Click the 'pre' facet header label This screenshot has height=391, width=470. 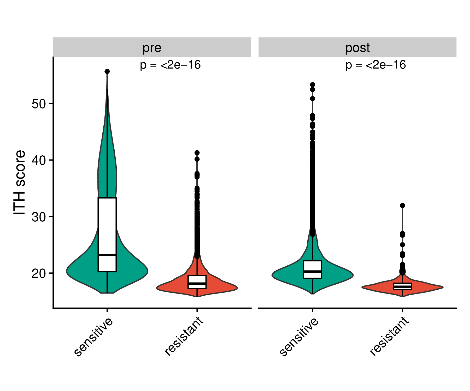(x=152, y=48)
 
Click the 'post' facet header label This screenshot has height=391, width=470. (x=357, y=48)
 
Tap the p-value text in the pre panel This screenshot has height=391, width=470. (x=170, y=65)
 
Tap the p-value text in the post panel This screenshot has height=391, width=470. (x=375, y=65)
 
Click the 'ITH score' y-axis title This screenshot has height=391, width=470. (x=20, y=182)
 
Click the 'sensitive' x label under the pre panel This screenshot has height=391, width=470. (x=93, y=337)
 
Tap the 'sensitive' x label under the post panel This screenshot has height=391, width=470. (x=299, y=337)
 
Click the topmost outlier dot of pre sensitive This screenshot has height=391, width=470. (x=107, y=71)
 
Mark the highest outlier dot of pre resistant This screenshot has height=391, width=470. (x=197, y=152)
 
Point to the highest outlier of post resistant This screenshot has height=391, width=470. (x=402, y=205)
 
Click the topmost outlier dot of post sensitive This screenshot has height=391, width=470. (x=313, y=85)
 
